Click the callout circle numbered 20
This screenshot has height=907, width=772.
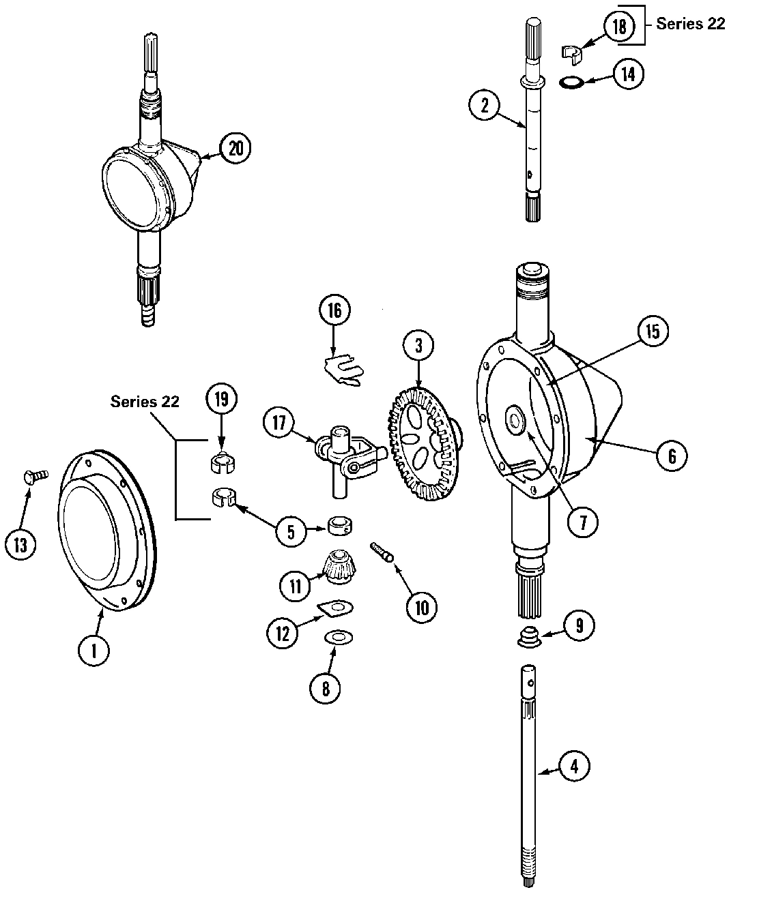235,148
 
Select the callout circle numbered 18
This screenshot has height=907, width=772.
618,27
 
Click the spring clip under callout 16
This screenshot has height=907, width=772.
343,370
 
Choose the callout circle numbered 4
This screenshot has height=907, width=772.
574,766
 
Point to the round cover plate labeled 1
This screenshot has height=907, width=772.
106,532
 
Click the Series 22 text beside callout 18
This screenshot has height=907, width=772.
690,24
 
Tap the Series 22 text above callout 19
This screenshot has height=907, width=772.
145,402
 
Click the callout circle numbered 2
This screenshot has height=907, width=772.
485,106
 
